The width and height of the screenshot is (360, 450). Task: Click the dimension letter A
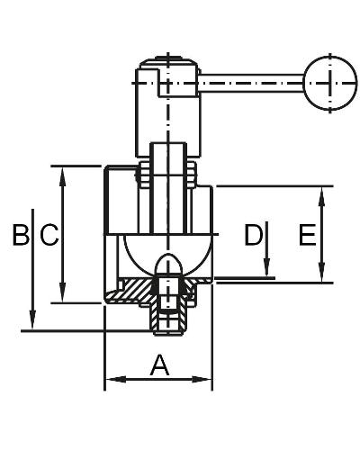tap(159, 364)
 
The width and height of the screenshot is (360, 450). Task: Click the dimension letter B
tap(22, 234)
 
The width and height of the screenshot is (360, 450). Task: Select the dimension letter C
tap(49, 235)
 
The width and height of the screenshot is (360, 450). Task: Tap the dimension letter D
tap(254, 234)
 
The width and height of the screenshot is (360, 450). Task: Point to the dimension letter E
tap(308, 235)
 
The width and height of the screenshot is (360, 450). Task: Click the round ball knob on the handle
tap(330, 83)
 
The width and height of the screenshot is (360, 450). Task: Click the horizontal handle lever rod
tap(251, 83)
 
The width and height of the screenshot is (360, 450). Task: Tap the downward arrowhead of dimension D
tap(266, 267)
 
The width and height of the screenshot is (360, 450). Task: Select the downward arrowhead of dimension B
tap(32, 320)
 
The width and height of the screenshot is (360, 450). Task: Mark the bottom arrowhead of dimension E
tap(321, 273)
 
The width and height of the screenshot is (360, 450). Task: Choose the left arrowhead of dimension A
tap(116, 380)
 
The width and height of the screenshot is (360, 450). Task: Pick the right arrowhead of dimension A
tap(201, 380)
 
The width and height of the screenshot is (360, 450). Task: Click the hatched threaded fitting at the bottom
tap(170, 319)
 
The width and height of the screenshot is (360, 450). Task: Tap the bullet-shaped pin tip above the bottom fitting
tap(169, 264)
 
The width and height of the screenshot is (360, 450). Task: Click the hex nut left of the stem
tap(143, 175)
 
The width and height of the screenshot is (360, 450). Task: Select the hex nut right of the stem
tap(191, 175)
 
